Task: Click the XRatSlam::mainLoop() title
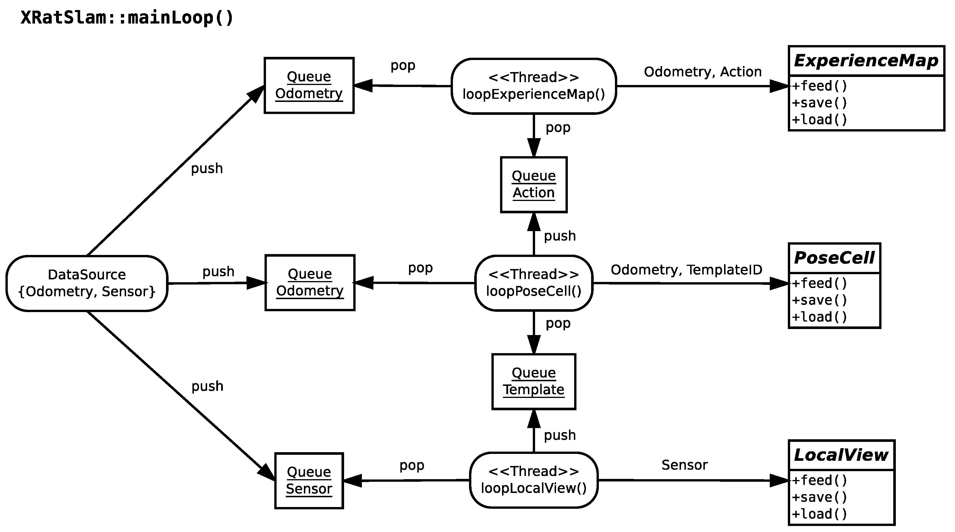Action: pos(127,18)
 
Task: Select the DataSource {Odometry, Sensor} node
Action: pos(87,283)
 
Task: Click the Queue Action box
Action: pos(533,185)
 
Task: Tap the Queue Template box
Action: pos(533,382)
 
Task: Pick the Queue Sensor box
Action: pos(309,481)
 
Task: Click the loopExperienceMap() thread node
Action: pos(533,86)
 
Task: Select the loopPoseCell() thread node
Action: pos(533,283)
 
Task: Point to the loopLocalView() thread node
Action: pos(533,480)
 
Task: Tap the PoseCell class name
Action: pos(834,258)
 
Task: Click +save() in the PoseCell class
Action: pos(820,300)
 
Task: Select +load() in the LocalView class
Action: pos(820,514)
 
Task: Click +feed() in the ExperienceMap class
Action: pos(820,86)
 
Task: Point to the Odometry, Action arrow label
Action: pos(703,72)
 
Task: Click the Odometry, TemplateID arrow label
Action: pos(686,270)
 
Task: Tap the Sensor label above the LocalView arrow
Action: pos(684,465)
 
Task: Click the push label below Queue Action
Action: pos(560,236)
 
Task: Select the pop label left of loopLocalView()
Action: pos(412,465)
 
